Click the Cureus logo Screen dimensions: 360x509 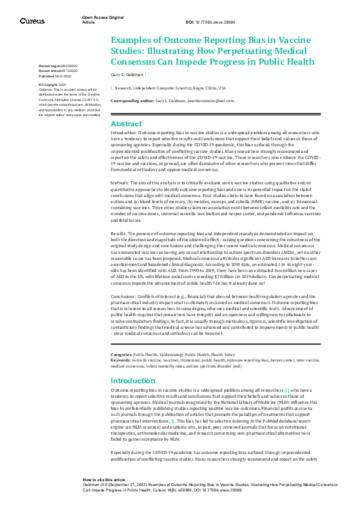pyautogui.click(x=32, y=21)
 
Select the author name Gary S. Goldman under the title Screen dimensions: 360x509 pyautogui.click(x=127, y=75)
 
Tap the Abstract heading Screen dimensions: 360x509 pyautogui.click(x=126, y=123)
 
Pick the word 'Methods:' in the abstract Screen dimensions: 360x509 pyautogui.click(x=120, y=182)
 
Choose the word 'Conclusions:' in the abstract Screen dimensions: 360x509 pyautogui.click(x=124, y=296)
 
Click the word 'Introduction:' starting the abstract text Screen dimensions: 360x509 pyautogui.click(x=124, y=132)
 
